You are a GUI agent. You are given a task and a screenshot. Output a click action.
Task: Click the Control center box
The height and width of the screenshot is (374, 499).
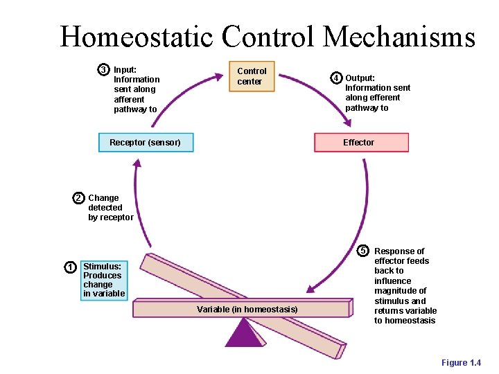point(252,76)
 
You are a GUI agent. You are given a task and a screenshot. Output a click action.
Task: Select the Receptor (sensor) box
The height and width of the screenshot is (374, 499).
point(146,142)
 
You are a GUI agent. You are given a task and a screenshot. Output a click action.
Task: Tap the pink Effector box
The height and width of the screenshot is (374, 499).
point(361,142)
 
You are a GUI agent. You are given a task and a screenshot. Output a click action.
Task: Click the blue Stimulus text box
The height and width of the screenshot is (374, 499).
point(103,280)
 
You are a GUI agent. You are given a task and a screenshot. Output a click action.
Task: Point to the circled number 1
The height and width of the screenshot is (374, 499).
point(70,267)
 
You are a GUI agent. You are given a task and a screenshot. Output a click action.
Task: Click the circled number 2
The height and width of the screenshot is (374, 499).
point(79,198)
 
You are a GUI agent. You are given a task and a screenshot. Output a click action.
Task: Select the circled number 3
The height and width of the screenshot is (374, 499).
point(103,70)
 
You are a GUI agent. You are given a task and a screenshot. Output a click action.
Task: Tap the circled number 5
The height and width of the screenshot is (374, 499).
point(362,250)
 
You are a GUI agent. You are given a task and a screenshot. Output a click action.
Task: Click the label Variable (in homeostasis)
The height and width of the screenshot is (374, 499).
point(247,309)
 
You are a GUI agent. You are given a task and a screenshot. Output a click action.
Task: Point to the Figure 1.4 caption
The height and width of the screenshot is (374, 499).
point(461,363)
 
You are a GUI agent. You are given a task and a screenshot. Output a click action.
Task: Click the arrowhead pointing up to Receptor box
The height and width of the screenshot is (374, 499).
point(137,164)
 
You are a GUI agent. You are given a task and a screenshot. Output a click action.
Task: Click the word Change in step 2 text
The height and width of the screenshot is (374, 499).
point(103,198)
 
